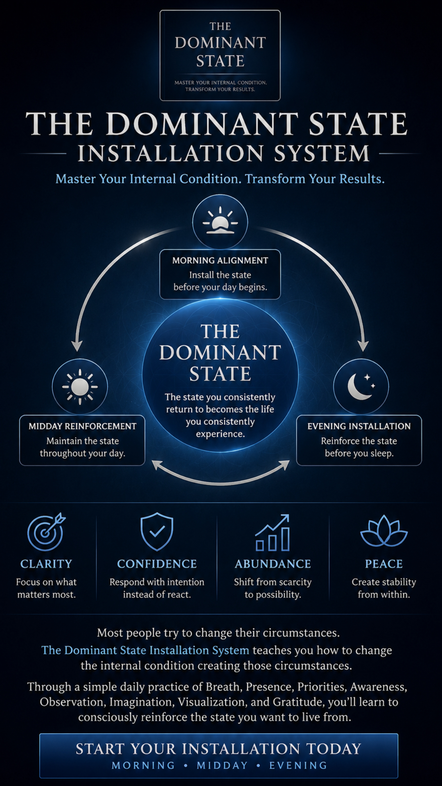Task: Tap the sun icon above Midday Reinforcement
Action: click(80, 386)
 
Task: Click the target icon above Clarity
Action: click(46, 531)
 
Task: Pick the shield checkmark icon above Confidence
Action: click(157, 531)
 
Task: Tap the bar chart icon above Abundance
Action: click(273, 533)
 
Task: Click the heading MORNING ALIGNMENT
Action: click(220, 260)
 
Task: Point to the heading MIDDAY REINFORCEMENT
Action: click(82, 426)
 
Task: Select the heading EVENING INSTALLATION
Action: click(359, 426)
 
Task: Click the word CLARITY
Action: click(46, 564)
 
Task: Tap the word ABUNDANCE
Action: click(273, 564)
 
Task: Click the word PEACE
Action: click(384, 564)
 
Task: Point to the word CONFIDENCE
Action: click(157, 564)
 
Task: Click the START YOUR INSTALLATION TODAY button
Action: click(219, 756)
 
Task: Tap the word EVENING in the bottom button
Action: click(298, 766)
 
